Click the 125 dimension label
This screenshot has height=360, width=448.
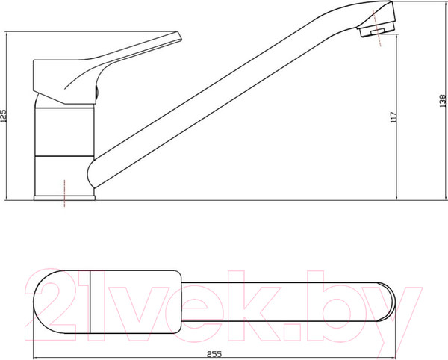pyautogui.click(x=4, y=116)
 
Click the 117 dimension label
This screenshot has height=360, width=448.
pyautogui.click(x=393, y=117)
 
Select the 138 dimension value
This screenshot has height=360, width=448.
pyautogui.click(x=442, y=101)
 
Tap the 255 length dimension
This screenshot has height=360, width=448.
pyautogui.click(x=214, y=354)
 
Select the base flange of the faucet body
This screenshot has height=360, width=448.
pyautogui.click(x=64, y=198)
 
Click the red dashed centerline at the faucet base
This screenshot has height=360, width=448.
pyautogui.click(x=64, y=193)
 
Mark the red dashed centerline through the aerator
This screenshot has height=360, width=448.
pyautogui.click(x=377, y=28)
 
